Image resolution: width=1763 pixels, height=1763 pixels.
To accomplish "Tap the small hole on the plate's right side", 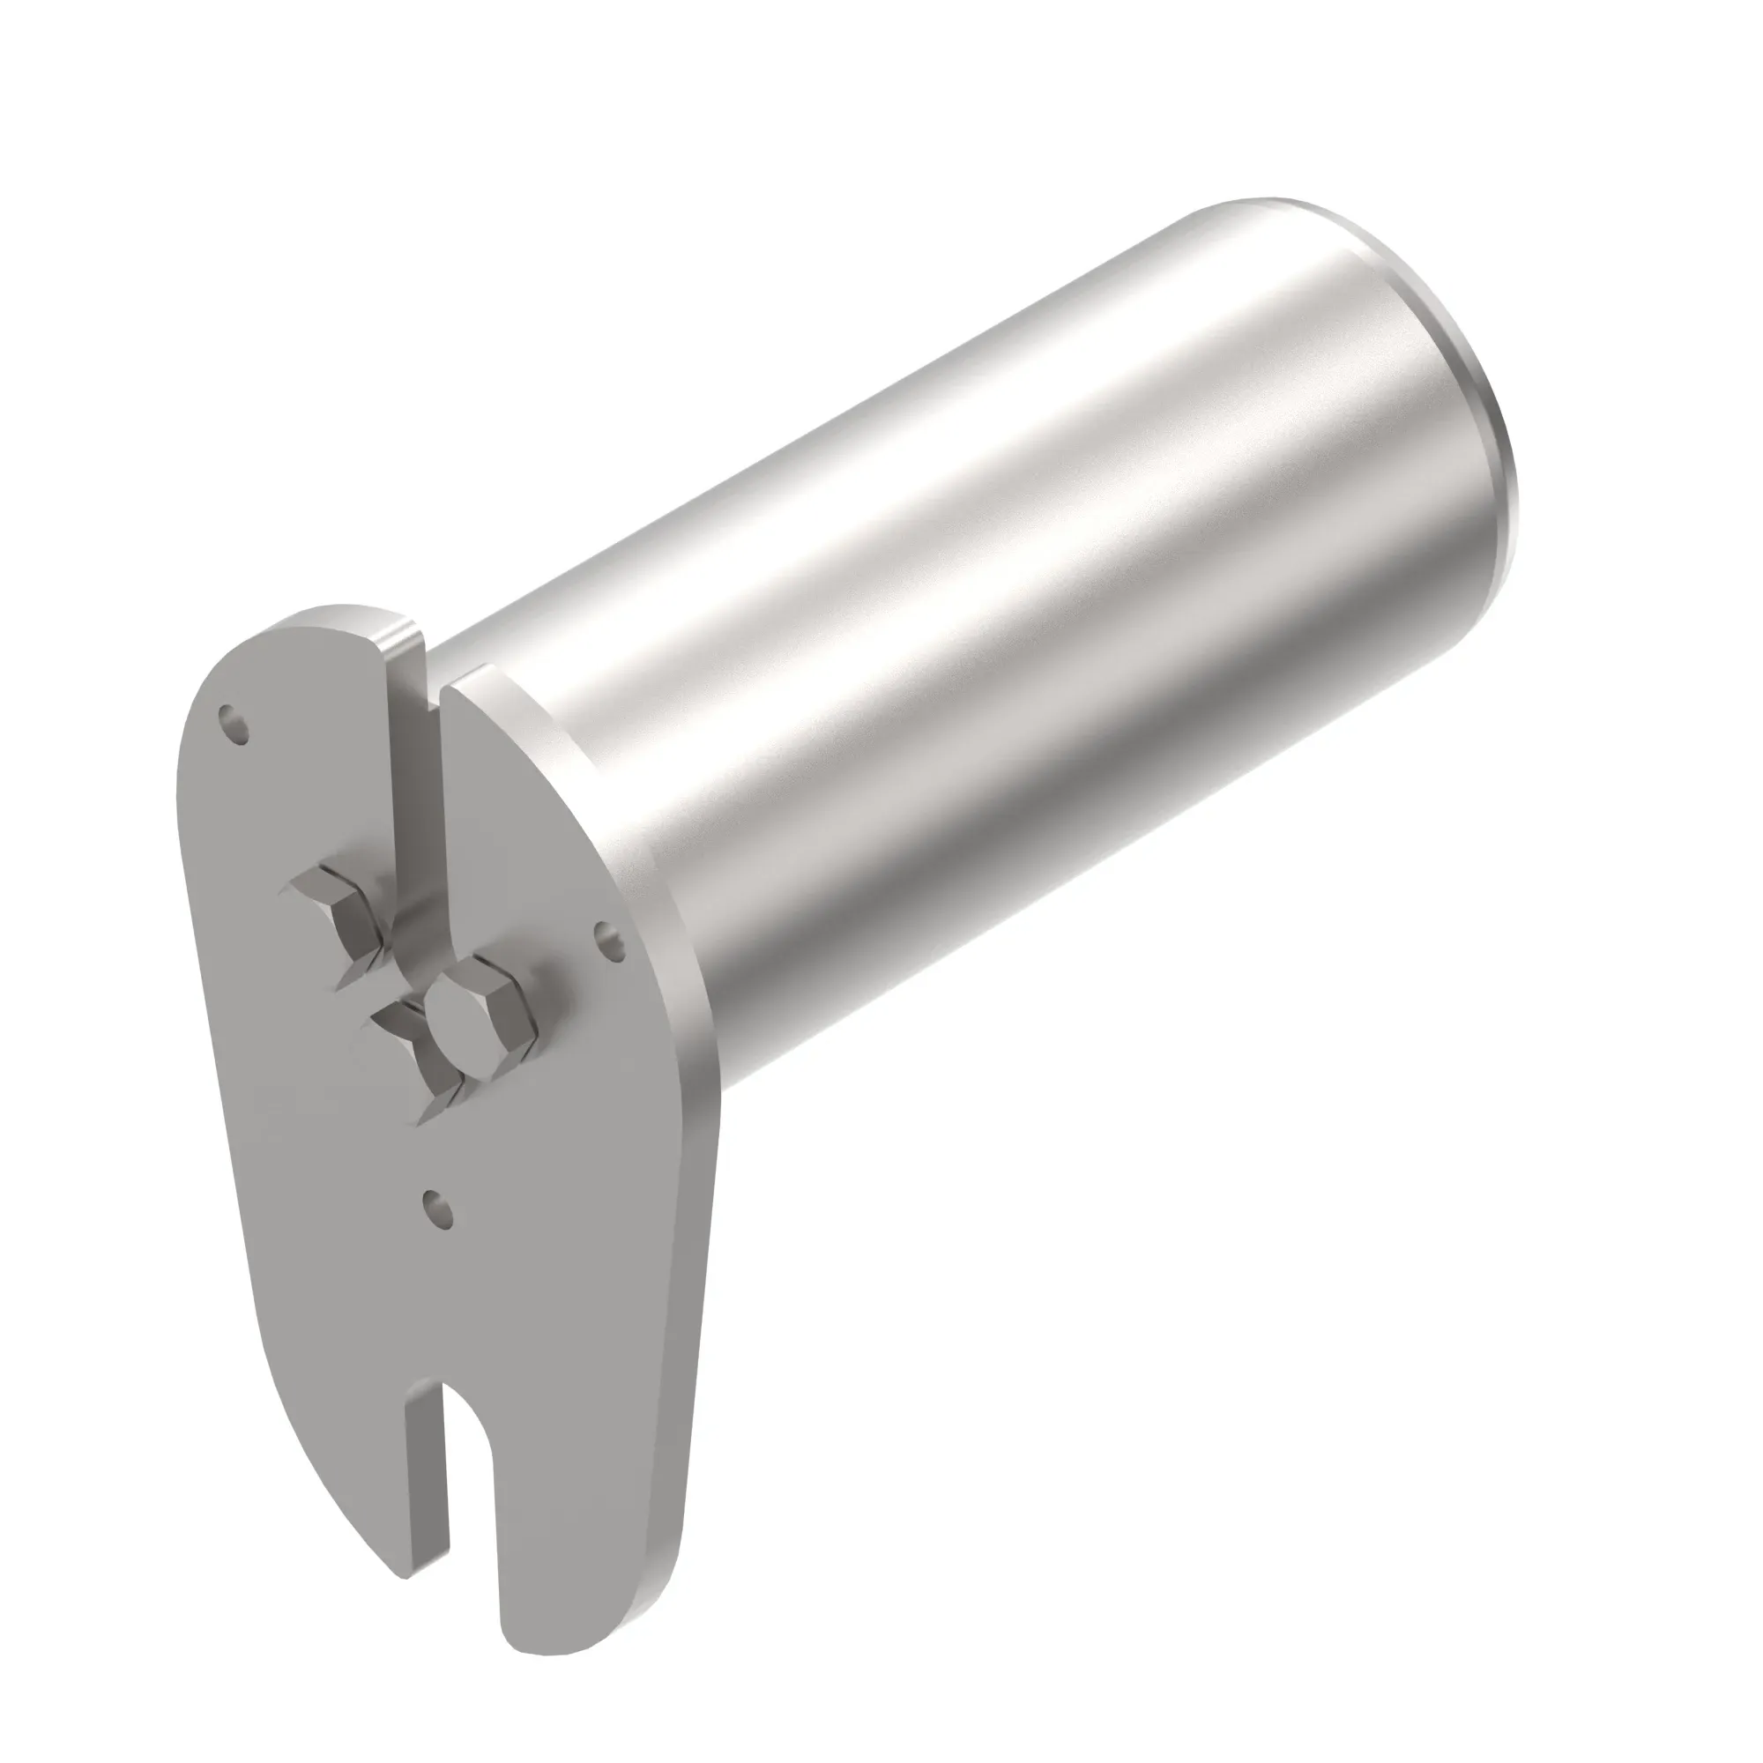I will pos(608,941).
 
